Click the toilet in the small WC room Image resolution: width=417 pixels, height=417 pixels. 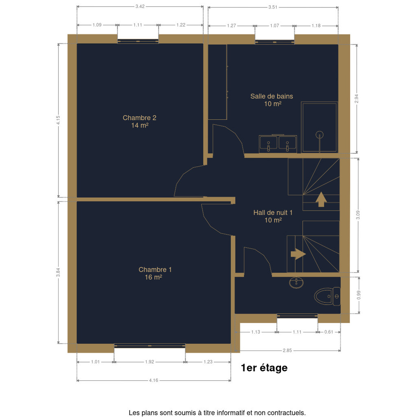point(327,296)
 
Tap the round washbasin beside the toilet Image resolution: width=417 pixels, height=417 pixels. point(296,283)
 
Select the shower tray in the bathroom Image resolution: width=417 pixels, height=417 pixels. point(319,127)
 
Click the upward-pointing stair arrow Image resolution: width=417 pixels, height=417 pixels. point(321,199)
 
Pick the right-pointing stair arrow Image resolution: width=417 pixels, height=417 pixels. point(298,254)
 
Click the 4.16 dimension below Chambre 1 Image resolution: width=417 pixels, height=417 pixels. point(154,380)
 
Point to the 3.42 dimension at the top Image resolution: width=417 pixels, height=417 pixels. point(140,7)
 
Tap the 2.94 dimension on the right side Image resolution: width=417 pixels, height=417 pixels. point(357,99)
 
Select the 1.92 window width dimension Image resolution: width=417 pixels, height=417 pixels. point(149,362)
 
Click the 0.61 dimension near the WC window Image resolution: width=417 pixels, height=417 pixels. point(329,332)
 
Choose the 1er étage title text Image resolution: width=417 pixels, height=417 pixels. point(264,368)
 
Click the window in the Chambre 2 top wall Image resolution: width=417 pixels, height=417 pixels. point(138,41)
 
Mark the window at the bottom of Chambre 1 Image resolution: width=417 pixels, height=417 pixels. point(150,346)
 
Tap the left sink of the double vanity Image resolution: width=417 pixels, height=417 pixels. point(268,143)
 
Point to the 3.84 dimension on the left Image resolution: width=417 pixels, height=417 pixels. point(58,272)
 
